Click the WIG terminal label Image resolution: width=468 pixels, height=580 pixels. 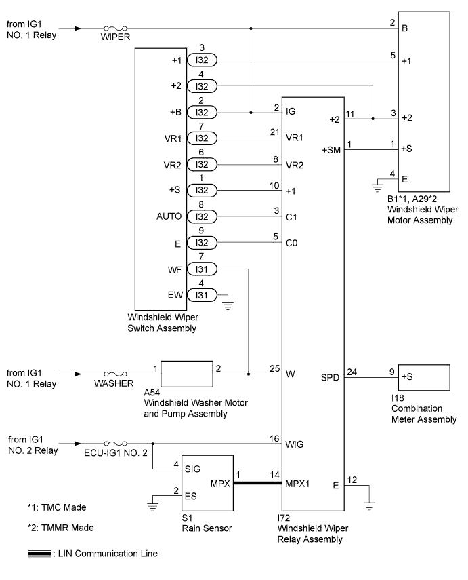point(295,444)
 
